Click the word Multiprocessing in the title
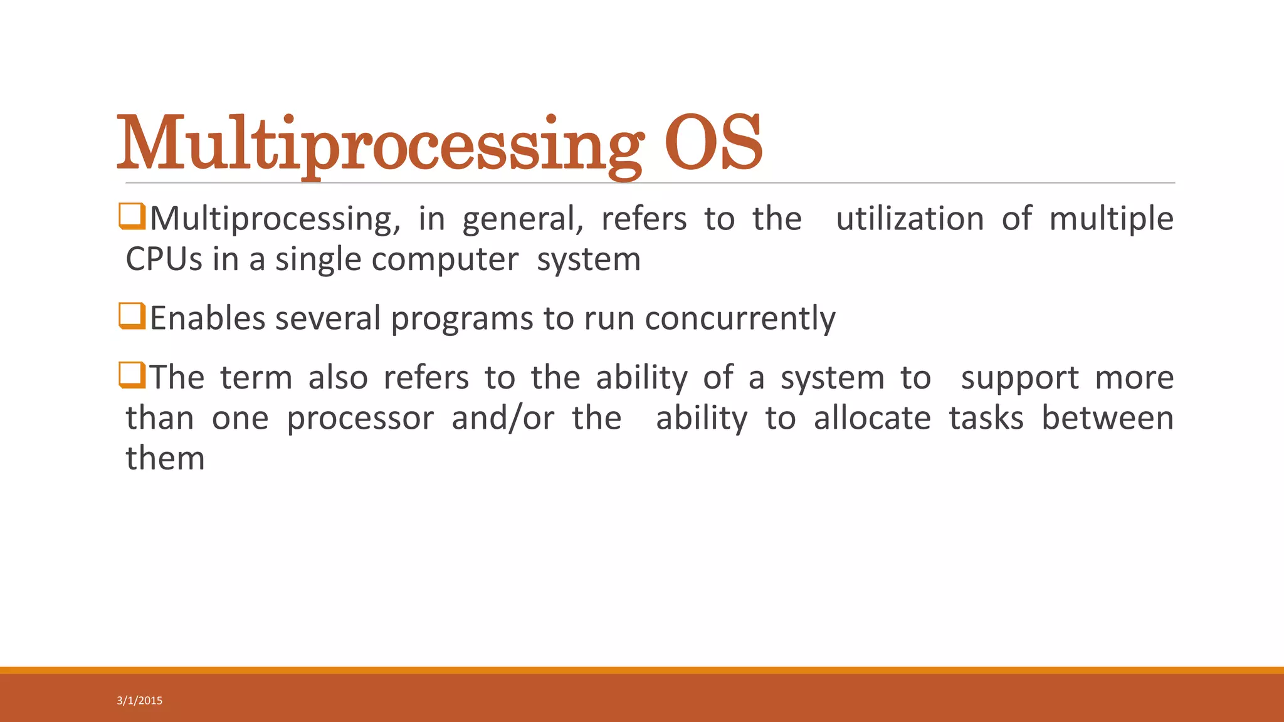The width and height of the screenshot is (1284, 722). coord(379,144)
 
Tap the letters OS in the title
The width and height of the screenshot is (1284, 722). coord(713,144)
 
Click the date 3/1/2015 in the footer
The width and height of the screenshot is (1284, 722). coord(139,701)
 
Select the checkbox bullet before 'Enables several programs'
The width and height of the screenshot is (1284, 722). coord(132,316)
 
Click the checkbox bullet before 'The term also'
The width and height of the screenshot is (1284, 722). coord(132,375)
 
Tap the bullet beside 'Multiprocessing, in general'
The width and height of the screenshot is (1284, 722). coord(132,216)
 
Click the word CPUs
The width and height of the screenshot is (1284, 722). coord(164,259)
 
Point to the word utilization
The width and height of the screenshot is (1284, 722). coord(910,219)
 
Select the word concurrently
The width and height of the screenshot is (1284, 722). coord(740,318)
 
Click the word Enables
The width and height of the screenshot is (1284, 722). coord(208,318)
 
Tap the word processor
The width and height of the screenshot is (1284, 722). coord(360,419)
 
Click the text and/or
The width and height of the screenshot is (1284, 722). coord(503,419)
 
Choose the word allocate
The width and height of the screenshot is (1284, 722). coord(872,419)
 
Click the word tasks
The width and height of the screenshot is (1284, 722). coord(986,419)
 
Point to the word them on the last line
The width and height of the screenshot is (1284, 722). coord(166,459)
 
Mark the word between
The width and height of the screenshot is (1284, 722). coord(1107,419)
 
